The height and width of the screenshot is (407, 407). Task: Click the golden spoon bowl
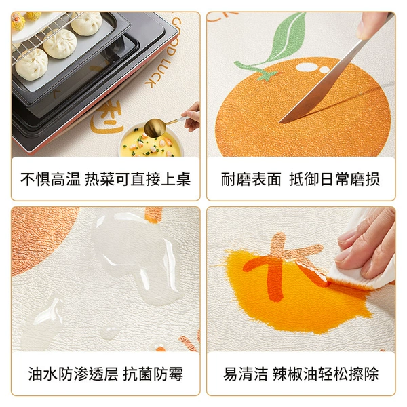tap(155, 128)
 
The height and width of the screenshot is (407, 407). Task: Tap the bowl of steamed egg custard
tap(151, 144)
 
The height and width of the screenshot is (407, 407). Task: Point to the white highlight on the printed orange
tap(312, 68)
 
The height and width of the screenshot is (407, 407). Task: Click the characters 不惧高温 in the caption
tap(50, 179)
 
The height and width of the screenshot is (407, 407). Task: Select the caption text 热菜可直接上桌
tap(138, 179)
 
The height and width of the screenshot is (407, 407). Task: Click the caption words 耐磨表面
tap(251, 179)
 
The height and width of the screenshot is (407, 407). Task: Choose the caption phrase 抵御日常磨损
tap(334, 179)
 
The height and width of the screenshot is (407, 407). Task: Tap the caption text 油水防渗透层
tap(73, 374)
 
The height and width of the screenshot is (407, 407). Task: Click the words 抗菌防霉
tap(153, 374)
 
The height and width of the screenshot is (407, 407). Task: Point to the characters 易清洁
tap(246, 374)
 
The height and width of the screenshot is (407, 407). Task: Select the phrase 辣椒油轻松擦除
tap(326, 374)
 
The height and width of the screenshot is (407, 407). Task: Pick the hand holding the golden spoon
tap(191, 116)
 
